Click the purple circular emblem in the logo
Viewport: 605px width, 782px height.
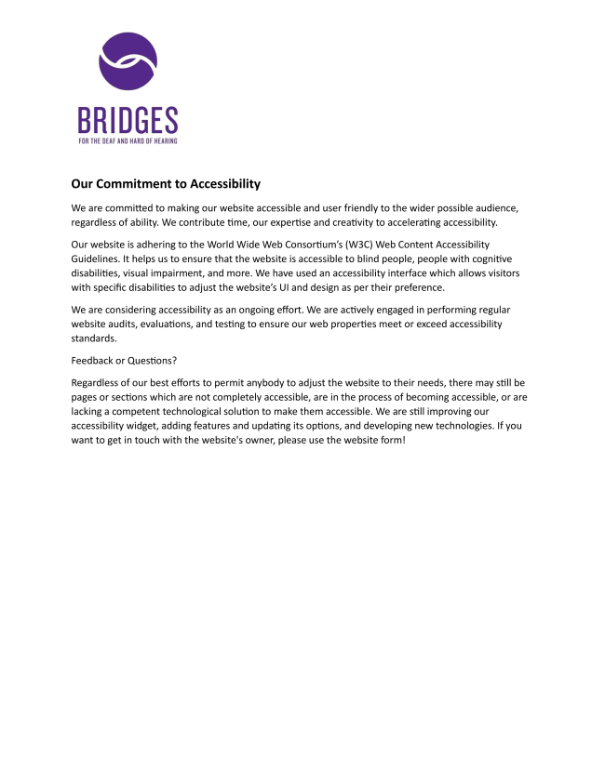128,61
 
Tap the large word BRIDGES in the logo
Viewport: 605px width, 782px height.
128,121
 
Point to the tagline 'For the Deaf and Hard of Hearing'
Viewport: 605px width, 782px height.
128,141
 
